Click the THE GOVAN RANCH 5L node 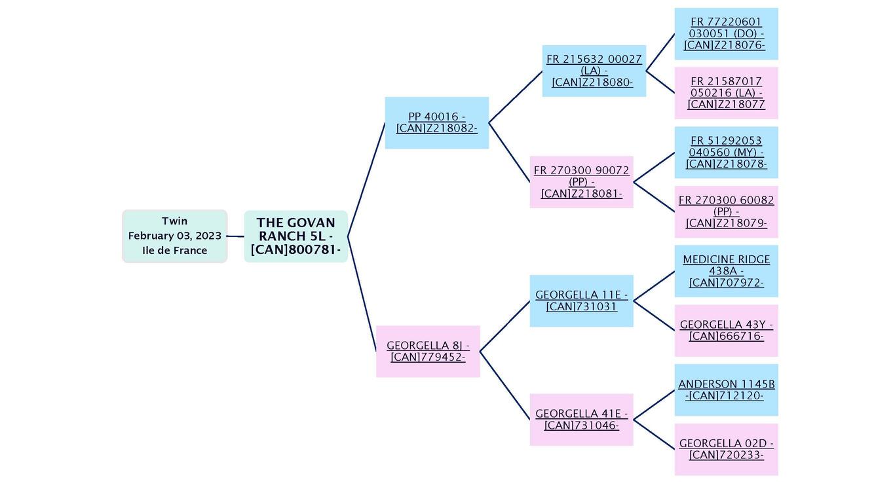tap(295, 236)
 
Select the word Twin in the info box tap(174, 221)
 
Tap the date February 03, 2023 tap(174, 236)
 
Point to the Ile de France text tap(174, 250)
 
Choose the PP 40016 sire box tap(436, 122)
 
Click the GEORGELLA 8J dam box tap(428, 351)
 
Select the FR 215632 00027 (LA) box tap(594, 71)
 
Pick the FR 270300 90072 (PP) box tap(581, 181)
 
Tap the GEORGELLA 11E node tap(581, 300)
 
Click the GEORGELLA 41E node tap(581, 419)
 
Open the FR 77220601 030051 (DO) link tap(726, 33)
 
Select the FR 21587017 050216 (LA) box tap(726, 93)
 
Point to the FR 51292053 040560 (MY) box tap(726, 153)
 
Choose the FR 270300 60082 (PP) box tap(726, 211)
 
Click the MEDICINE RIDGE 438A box tap(726, 271)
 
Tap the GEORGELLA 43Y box tap(726, 330)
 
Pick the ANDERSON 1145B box tap(726, 390)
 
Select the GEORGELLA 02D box tap(726, 448)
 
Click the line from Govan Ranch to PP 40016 tap(366, 180)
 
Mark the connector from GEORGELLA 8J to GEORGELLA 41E tap(504, 385)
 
